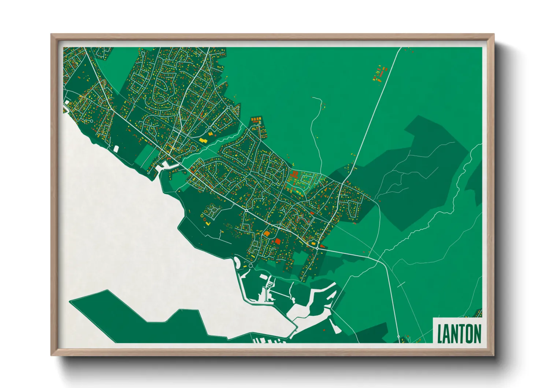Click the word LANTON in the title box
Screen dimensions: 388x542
coord(459,333)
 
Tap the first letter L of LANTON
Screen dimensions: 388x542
coord(440,333)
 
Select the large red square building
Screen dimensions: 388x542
coord(277,241)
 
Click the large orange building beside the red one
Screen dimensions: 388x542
coord(267,233)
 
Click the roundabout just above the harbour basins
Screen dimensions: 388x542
coord(250,266)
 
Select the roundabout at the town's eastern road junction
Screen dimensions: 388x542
coord(317,248)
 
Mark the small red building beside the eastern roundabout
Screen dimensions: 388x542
coord(322,246)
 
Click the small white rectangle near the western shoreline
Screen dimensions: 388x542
coord(116,149)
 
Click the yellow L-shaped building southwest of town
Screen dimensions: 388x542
coord(208,222)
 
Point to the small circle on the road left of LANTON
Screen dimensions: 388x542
coord(398,336)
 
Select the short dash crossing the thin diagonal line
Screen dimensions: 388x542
coord(401,284)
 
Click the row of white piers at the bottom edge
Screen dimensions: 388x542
coord(269,341)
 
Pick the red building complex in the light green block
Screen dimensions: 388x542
coord(294,175)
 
